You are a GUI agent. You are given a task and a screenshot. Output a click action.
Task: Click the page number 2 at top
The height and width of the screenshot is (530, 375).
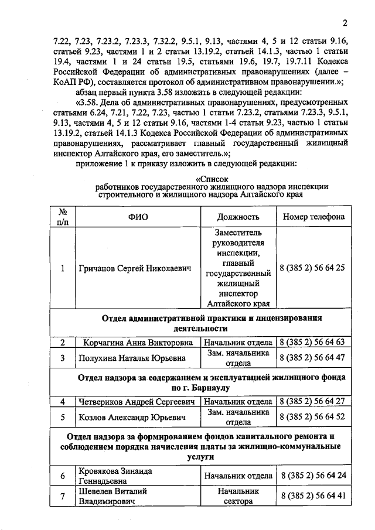[x=346, y=23]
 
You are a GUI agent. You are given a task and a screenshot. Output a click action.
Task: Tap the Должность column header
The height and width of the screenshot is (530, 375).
[x=238, y=217]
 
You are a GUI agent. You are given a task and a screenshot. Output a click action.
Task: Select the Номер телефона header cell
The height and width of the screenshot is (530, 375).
[x=313, y=217]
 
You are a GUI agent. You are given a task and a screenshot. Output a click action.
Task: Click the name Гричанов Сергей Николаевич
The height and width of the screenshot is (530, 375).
[x=135, y=268]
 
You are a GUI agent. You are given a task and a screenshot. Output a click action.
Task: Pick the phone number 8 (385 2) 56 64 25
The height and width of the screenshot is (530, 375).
[x=312, y=268]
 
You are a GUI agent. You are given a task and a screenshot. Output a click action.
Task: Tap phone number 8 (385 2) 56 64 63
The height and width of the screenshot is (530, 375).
[x=312, y=343]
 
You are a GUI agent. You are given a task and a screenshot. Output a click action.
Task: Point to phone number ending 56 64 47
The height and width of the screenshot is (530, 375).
[x=312, y=357]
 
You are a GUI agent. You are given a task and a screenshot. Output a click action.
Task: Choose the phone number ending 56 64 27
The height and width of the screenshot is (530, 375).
[x=312, y=402]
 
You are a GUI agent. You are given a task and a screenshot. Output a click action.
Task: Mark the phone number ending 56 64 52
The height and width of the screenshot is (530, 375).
[x=312, y=417]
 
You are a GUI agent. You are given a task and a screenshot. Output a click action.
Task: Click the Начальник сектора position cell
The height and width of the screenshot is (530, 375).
[x=238, y=496]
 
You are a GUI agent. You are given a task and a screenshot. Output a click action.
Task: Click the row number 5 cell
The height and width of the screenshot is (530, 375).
[x=63, y=417]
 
